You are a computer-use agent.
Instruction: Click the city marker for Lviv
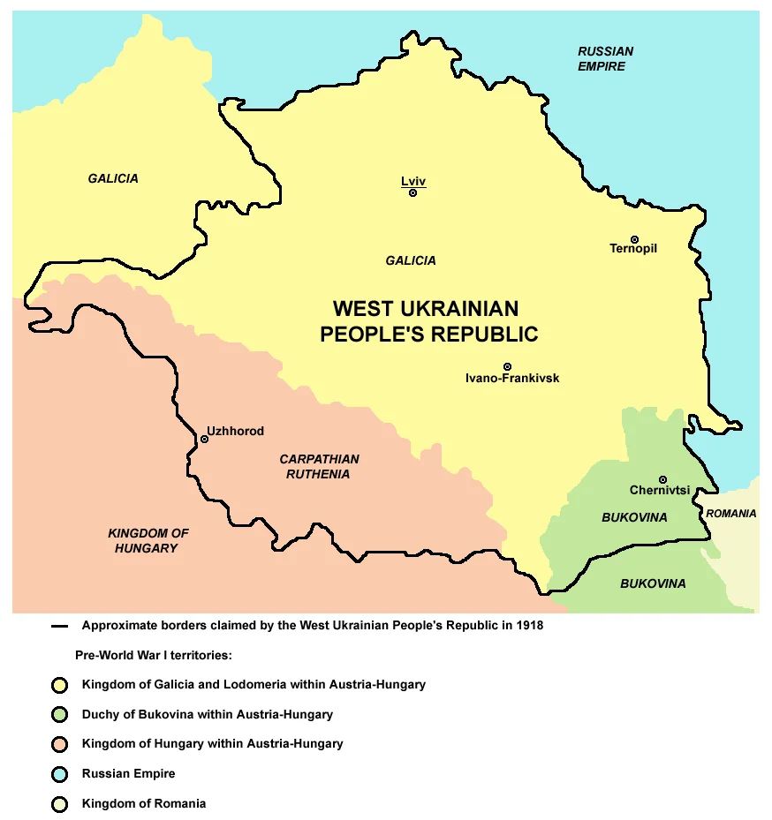[x=412, y=192]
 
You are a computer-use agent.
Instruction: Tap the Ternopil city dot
[x=634, y=238]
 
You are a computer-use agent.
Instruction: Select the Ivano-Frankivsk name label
[x=511, y=379]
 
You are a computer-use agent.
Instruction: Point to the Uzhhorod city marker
[x=204, y=439]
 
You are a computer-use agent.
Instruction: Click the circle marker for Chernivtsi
[x=662, y=479]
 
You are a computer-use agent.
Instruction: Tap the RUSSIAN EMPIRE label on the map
[x=605, y=59]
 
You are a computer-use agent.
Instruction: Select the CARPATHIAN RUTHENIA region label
[x=319, y=467]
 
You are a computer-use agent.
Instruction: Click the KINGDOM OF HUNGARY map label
[x=148, y=541]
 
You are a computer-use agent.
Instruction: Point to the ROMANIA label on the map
[x=730, y=514]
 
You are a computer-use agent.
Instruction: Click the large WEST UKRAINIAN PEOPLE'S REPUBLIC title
[x=428, y=321]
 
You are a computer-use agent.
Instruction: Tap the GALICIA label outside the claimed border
[x=113, y=178]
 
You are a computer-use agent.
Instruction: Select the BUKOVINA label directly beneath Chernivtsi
[x=634, y=517]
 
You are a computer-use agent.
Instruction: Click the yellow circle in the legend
[x=60, y=684]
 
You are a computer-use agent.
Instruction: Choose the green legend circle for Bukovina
[x=60, y=714]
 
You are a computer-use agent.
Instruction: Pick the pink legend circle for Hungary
[x=60, y=744]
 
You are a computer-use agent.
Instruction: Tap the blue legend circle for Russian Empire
[x=60, y=774]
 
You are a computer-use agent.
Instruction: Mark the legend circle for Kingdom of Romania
[x=60, y=804]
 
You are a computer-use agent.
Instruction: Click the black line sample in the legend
[x=60, y=627]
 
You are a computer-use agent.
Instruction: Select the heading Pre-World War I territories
[x=156, y=655]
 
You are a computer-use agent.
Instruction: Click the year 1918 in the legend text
[x=528, y=626]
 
